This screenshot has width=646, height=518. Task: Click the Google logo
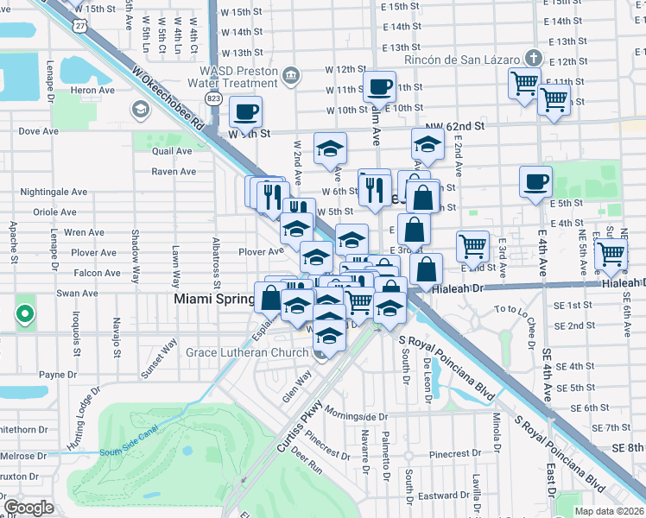[x=28, y=507]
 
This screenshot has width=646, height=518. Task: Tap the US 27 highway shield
[x=80, y=26]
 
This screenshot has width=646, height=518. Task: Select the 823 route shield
[x=214, y=99]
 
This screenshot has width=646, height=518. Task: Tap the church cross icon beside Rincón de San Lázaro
[x=534, y=58]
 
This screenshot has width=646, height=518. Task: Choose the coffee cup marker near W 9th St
[x=245, y=111]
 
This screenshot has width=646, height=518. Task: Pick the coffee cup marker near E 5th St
[x=535, y=181]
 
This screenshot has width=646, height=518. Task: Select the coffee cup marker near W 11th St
[x=379, y=87]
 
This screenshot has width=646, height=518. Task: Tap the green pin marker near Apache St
[x=25, y=314]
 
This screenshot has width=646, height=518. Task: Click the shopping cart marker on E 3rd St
[x=472, y=246]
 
